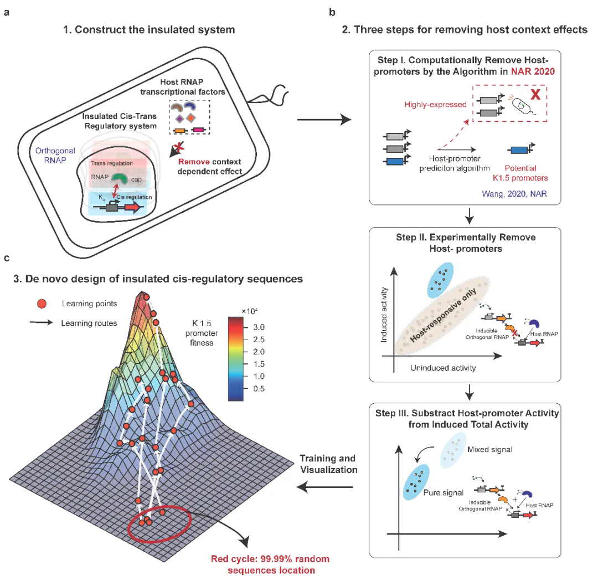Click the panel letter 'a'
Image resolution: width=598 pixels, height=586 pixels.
[6, 10]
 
